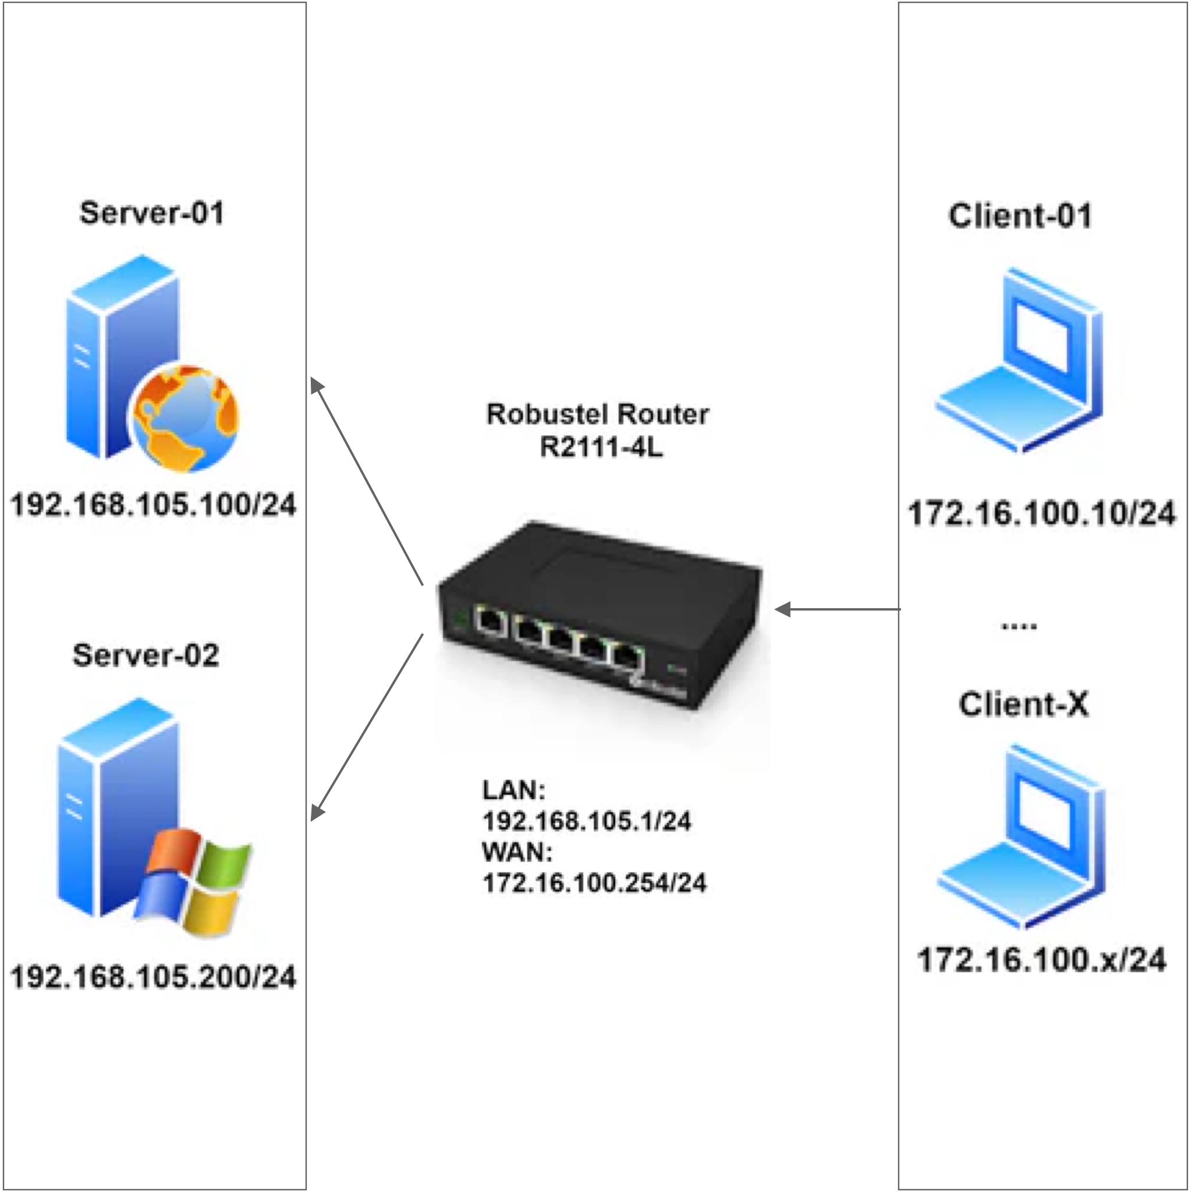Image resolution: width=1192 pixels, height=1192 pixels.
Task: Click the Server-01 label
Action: click(x=151, y=214)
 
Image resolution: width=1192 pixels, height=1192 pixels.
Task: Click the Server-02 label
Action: click(x=146, y=655)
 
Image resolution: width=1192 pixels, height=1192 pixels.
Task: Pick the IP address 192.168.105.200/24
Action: click(x=154, y=977)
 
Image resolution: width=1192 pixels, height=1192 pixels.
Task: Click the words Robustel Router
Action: click(x=597, y=414)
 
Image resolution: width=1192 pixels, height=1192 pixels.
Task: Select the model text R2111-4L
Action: click(x=601, y=448)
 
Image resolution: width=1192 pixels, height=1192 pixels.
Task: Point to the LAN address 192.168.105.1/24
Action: click(x=586, y=821)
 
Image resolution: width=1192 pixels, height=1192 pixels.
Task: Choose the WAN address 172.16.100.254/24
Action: click(x=594, y=884)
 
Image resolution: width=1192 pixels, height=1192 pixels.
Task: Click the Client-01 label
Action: click(x=1020, y=216)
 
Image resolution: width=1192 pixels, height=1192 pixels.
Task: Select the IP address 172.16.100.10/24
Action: click(x=1041, y=513)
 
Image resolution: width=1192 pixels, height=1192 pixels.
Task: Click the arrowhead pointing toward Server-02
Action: click(x=316, y=813)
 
